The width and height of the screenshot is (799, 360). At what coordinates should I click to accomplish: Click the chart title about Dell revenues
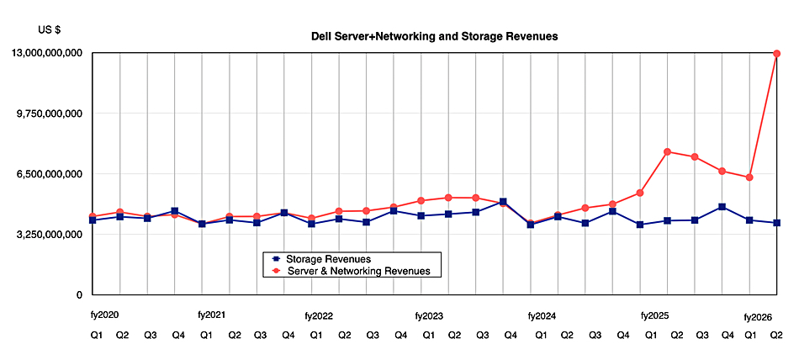coord(435,37)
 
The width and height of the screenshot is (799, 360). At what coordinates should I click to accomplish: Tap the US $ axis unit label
coord(50,30)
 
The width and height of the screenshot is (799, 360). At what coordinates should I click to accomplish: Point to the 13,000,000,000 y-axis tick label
coord(46,53)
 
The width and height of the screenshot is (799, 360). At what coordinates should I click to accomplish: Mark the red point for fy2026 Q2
coord(777,54)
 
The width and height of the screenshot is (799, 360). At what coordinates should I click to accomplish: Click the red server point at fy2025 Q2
coord(667,151)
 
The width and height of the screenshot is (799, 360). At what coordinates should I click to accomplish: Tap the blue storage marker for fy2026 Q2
coord(777,223)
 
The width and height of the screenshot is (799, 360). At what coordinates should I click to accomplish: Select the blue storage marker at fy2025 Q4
coord(722,207)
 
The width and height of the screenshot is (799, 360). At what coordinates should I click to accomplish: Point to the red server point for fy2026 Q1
coord(749,177)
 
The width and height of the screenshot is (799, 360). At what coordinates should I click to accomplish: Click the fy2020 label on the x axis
coord(105,315)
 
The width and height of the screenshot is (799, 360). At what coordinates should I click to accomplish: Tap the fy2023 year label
coord(429,316)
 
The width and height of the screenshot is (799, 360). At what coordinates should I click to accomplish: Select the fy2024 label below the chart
coord(542,316)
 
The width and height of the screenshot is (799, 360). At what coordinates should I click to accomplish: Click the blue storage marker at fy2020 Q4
coord(174,211)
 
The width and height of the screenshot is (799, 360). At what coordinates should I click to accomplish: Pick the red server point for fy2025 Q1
coord(640,193)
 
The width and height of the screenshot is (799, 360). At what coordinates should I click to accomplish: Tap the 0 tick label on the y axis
coord(78,295)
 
